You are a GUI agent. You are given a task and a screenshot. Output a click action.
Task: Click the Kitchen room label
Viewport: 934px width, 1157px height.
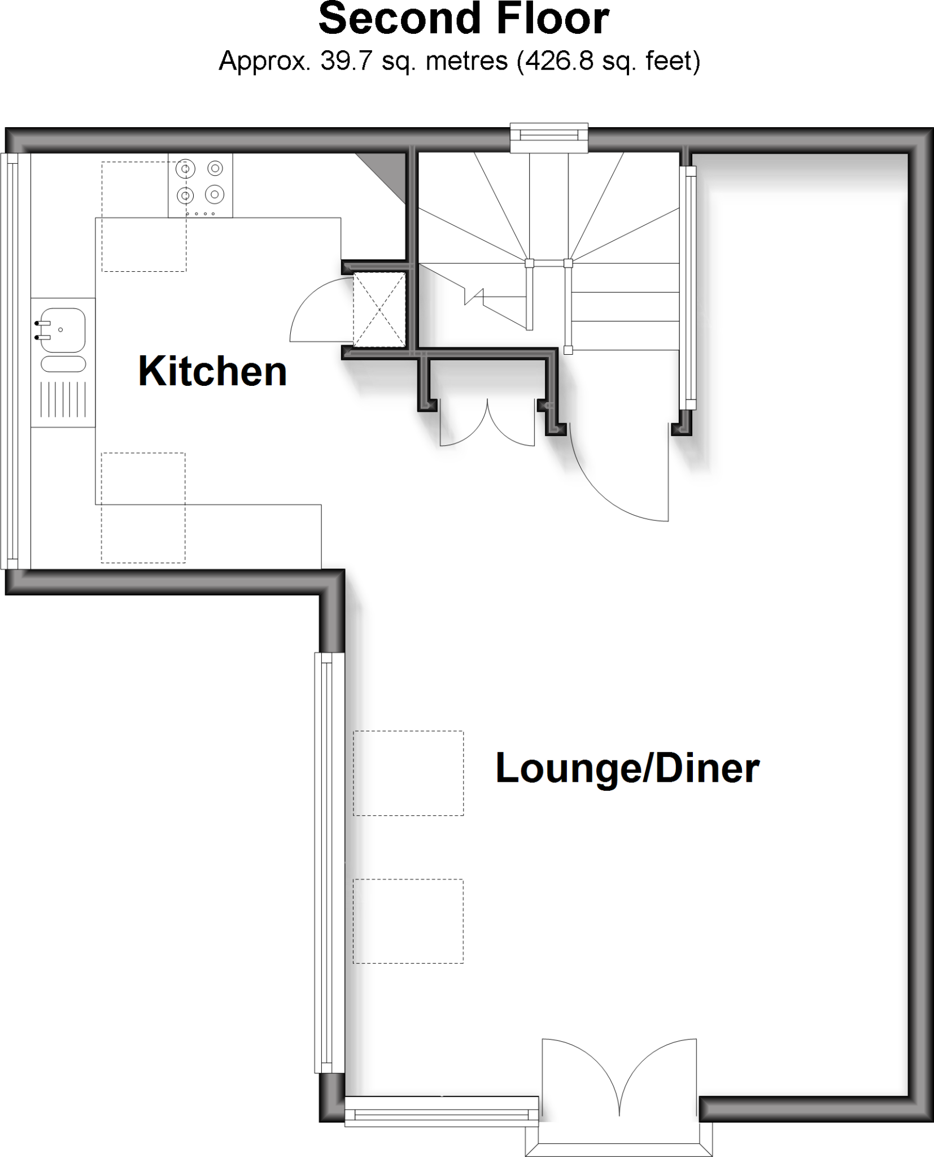pyautogui.click(x=212, y=371)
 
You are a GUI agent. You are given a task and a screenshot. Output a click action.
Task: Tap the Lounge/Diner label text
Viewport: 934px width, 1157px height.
pyautogui.click(x=627, y=768)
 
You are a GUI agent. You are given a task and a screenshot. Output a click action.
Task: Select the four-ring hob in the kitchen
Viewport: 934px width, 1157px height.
pyautogui.click(x=200, y=185)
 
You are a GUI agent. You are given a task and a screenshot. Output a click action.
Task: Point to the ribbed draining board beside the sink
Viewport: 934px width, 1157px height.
pyautogui.click(x=63, y=399)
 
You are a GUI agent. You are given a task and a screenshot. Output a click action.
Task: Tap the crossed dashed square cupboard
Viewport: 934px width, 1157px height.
pyautogui.click(x=379, y=309)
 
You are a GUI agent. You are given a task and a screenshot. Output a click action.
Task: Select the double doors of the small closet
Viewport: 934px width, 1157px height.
pyautogui.click(x=487, y=424)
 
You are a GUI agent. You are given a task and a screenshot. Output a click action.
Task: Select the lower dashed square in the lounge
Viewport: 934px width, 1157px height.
pyautogui.click(x=408, y=921)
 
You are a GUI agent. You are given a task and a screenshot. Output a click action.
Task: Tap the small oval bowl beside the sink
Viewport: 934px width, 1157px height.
pyautogui.click(x=64, y=364)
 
